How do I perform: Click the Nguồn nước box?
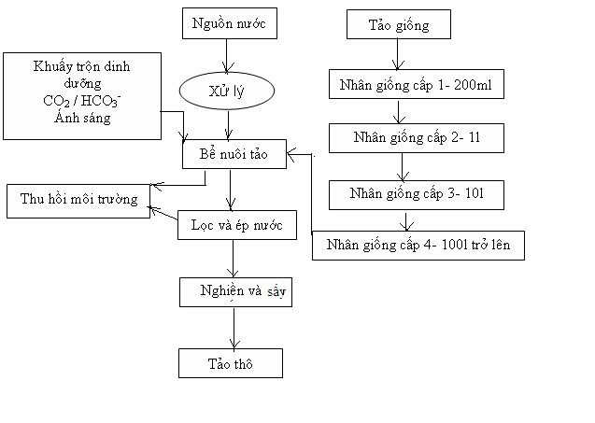click(229, 24)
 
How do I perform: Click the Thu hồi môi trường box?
click(78, 200)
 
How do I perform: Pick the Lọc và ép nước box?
click(237, 225)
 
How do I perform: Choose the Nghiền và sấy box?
click(234, 292)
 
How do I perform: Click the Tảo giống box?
click(400, 25)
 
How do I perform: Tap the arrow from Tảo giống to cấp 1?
click(400, 55)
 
